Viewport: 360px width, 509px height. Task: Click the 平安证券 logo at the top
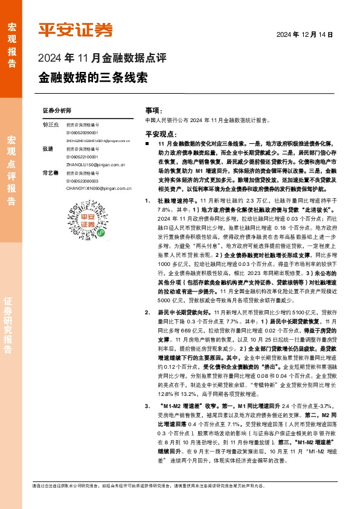click(76, 30)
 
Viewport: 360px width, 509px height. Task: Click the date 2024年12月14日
click(305, 34)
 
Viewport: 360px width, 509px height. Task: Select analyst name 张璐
click(47, 148)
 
